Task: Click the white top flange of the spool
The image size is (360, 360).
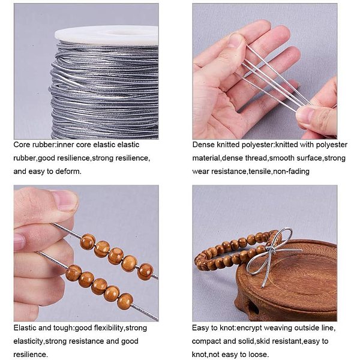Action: coord(106,35)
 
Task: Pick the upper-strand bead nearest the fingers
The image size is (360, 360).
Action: coord(88,242)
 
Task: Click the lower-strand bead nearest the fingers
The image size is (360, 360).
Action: coord(73,272)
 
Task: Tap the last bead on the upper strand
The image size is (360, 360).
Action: coord(145,272)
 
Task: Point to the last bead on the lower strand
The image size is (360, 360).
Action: coord(125,301)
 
